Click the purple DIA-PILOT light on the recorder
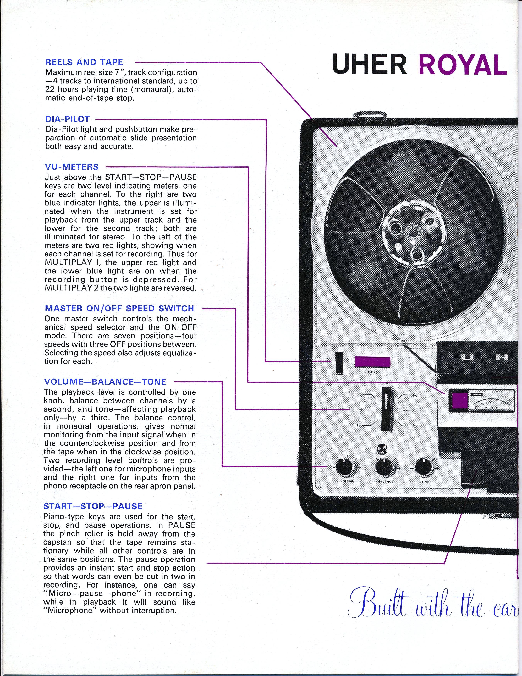pyautogui.click(x=372, y=363)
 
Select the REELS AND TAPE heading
pyautogui.click(x=84, y=62)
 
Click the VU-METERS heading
pyautogui.click(x=72, y=167)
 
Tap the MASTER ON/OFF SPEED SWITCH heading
pyautogui.click(x=119, y=308)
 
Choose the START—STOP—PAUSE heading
pyautogui.click(x=93, y=506)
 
